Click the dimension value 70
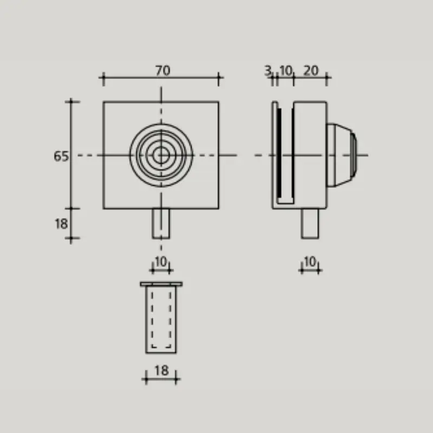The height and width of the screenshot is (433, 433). pyautogui.click(x=162, y=70)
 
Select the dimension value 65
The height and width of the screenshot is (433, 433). pyautogui.click(x=61, y=156)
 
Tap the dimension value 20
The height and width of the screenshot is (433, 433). pyautogui.click(x=311, y=71)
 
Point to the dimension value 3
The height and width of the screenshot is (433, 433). pyautogui.click(x=268, y=71)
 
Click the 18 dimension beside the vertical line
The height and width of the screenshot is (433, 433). pyautogui.click(x=61, y=224)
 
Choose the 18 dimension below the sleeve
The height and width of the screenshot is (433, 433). pyautogui.click(x=161, y=371)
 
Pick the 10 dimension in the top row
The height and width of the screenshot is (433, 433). pyautogui.click(x=286, y=71)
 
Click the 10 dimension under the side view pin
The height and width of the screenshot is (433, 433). pyautogui.click(x=310, y=261)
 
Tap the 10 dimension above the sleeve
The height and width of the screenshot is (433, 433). pyautogui.click(x=161, y=261)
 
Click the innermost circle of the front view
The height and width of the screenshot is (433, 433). pyautogui.click(x=161, y=150)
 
